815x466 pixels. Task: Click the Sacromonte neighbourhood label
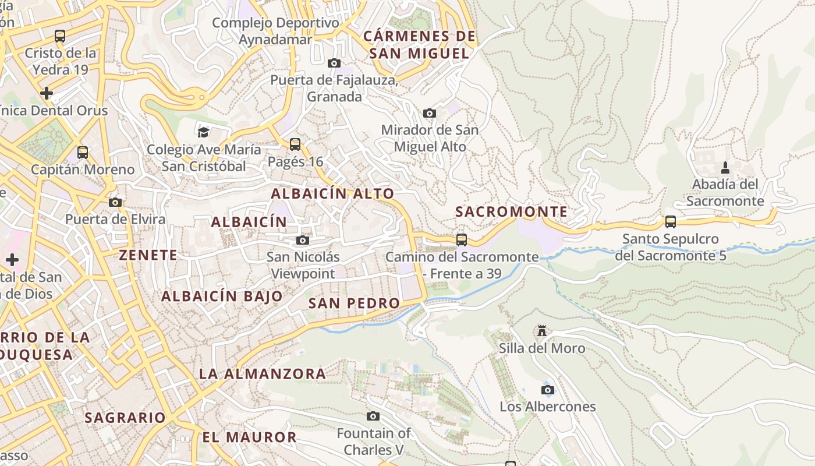tap(511, 211)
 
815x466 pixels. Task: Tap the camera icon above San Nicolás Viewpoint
tap(303, 240)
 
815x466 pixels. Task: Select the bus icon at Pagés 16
tap(295, 144)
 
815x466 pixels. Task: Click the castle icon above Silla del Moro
tap(542, 331)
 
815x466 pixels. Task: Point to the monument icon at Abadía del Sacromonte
tap(725, 168)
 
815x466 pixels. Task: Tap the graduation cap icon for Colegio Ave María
tap(203, 132)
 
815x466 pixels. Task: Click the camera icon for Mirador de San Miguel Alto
tap(430, 113)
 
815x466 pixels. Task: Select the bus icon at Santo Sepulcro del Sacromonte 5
tap(671, 222)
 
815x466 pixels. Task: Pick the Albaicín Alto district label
tap(332, 193)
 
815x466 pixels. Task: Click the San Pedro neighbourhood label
tap(354, 303)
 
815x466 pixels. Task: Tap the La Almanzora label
tap(263, 373)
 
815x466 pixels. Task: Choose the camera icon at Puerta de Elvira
tap(115, 202)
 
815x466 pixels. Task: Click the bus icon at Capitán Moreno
tap(83, 153)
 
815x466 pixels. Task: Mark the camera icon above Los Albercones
tap(547, 390)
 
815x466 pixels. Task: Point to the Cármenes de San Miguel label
tap(419, 45)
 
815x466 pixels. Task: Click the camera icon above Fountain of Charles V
tap(373, 416)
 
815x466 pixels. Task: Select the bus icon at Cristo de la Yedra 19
tap(60, 36)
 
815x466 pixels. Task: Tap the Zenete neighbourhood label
tap(148, 255)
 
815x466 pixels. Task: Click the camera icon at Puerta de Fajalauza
tap(334, 63)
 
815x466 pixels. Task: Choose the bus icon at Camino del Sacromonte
tap(462, 239)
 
